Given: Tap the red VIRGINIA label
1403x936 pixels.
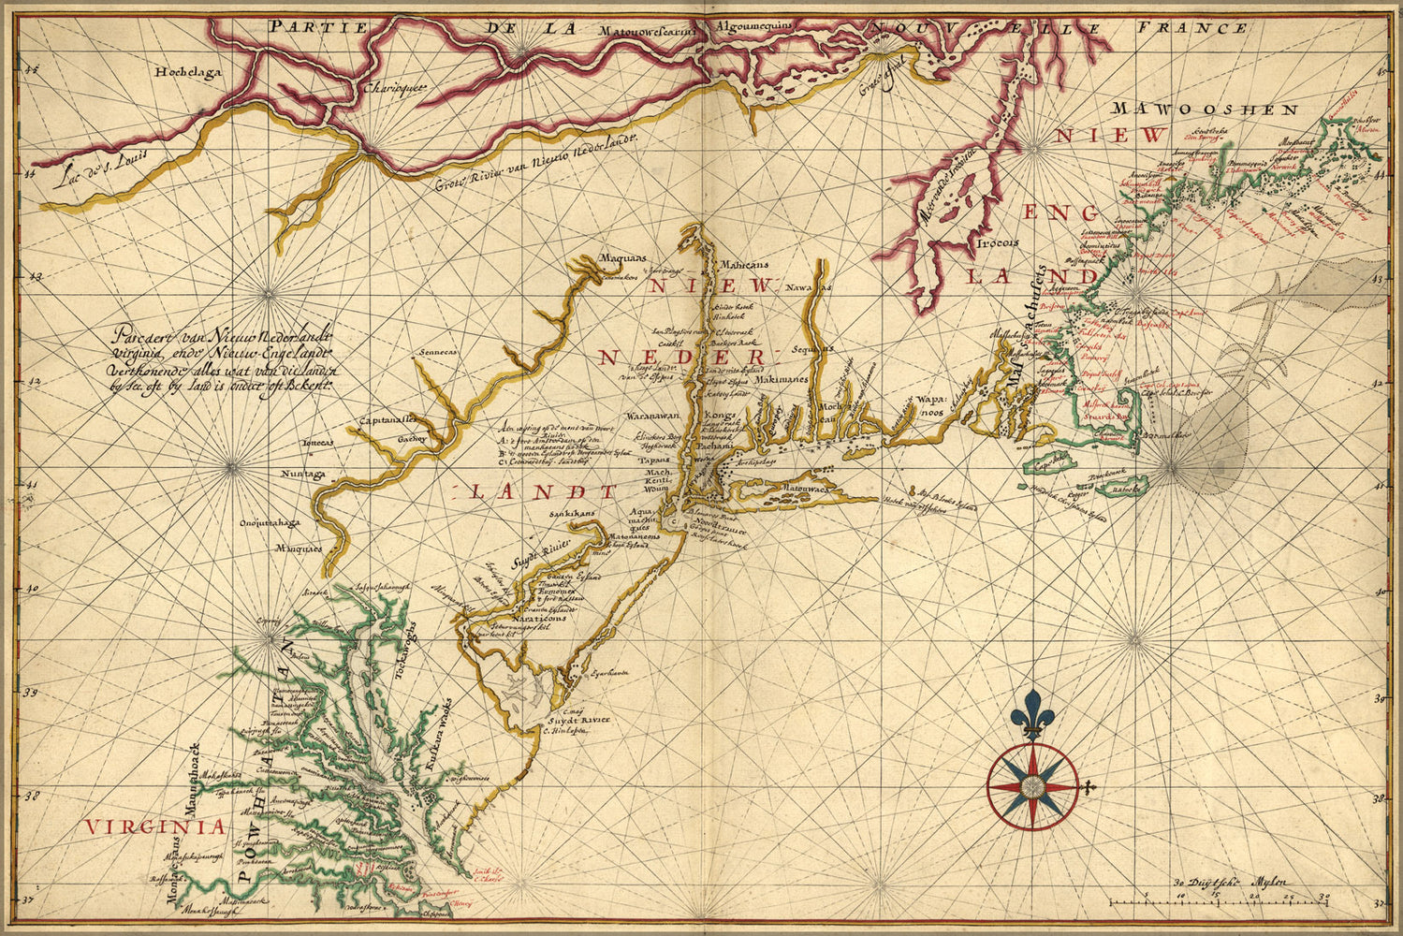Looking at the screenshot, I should point(154,826).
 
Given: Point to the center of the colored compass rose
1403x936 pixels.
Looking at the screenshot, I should point(1032,786).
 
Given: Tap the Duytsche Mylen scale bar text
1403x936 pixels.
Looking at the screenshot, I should point(1229,882).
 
